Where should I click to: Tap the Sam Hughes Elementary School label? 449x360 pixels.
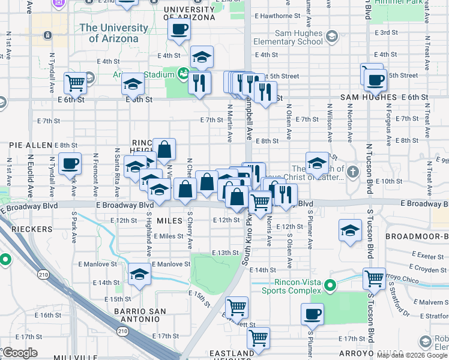[x=288, y=37]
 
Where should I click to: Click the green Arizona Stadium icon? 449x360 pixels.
[x=184, y=74]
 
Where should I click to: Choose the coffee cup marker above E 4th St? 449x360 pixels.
[x=179, y=29]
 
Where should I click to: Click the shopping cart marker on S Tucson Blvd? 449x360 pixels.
[x=374, y=278]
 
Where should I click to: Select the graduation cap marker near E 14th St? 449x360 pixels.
[x=139, y=275]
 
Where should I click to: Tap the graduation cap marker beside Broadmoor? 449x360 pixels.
[x=351, y=230]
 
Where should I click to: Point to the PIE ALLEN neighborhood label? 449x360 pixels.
[x=30, y=145]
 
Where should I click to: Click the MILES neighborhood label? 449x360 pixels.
[x=169, y=221]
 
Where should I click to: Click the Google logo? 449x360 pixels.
[x=20, y=353]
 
